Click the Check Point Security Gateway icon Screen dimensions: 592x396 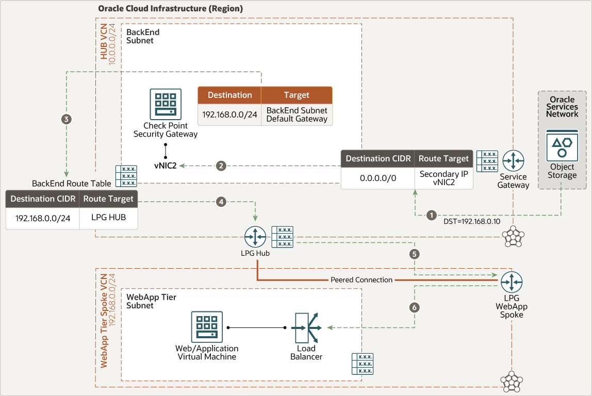click(x=166, y=104)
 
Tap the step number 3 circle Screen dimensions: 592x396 click(x=67, y=119)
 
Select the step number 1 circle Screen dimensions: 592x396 click(x=432, y=215)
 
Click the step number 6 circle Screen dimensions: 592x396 click(x=415, y=307)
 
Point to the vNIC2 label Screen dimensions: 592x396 click(x=166, y=166)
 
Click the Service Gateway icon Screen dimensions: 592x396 click(x=513, y=161)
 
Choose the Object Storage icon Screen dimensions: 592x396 click(x=562, y=146)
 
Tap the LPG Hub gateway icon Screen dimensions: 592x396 click(x=255, y=237)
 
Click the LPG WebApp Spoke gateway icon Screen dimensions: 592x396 click(x=512, y=282)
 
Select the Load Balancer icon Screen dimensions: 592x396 click(x=306, y=327)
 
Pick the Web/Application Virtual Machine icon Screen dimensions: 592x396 click(x=207, y=327)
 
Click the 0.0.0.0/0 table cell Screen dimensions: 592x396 click(x=378, y=178)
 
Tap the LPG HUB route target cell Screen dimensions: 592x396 click(x=108, y=218)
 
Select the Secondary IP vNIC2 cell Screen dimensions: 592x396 click(x=443, y=178)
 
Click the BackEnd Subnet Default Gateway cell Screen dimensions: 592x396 click(x=297, y=114)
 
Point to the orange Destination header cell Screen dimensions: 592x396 click(x=229, y=95)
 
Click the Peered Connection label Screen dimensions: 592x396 click(x=361, y=280)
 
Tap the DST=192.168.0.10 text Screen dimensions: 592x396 click(x=472, y=222)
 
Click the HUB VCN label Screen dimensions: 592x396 click(x=104, y=42)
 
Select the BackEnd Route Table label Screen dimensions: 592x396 click(x=71, y=184)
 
